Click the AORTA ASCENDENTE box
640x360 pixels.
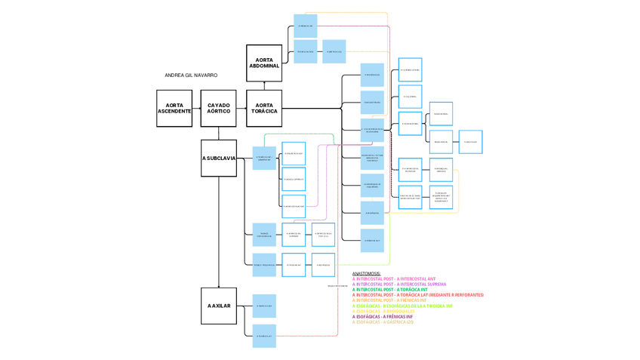(x=174, y=108)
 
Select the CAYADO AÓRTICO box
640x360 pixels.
(x=219, y=108)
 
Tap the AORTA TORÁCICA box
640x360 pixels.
(x=264, y=108)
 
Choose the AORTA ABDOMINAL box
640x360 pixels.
(x=264, y=63)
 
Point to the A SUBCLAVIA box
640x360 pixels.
(x=219, y=158)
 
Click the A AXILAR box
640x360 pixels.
(x=219, y=305)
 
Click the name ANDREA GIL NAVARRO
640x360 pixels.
(x=191, y=75)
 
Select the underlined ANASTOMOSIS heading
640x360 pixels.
(x=367, y=273)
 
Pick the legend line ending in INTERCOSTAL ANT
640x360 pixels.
(x=393, y=279)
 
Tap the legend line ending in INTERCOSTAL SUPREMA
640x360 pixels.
(x=398, y=285)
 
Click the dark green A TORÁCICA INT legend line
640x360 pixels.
(x=389, y=290)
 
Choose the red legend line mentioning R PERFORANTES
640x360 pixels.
(x=417, y=295)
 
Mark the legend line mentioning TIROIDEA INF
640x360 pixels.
(x=402, y=306)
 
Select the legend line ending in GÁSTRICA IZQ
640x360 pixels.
(x=383, y=322)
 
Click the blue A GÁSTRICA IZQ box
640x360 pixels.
(x=334, y=51)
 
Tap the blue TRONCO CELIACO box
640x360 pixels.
(x=306, y=51)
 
